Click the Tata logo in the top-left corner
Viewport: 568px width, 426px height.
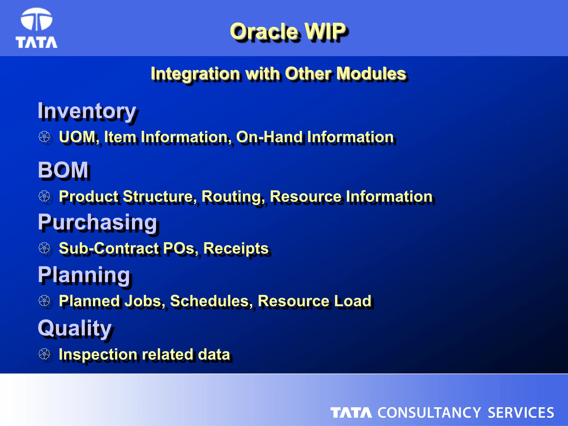36,28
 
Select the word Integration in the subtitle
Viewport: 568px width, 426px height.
196,74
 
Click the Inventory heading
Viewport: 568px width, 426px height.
87,111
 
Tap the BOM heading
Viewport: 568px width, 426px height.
63,170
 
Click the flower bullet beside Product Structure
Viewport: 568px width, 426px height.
44,196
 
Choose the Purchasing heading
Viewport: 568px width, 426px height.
98,222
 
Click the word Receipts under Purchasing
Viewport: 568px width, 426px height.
236,248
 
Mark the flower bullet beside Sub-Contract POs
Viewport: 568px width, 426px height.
44,248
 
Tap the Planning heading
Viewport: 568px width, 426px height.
84,275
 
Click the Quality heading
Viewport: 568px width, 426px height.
75,328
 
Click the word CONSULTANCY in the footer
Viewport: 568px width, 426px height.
429,413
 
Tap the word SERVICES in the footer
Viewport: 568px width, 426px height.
521,413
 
